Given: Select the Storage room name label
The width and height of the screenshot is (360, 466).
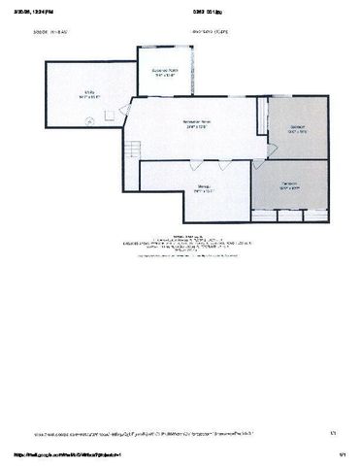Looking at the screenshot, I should (x=204, y=185).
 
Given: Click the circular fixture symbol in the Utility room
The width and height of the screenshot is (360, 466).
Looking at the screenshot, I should (x=91, y=120).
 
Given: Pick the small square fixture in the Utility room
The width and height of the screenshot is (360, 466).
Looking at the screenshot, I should (x=110, y=116).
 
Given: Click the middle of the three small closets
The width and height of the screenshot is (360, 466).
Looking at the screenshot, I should (x=290, y=215).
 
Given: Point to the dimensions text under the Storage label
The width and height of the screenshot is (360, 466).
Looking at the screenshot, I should (x=204, y=190).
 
